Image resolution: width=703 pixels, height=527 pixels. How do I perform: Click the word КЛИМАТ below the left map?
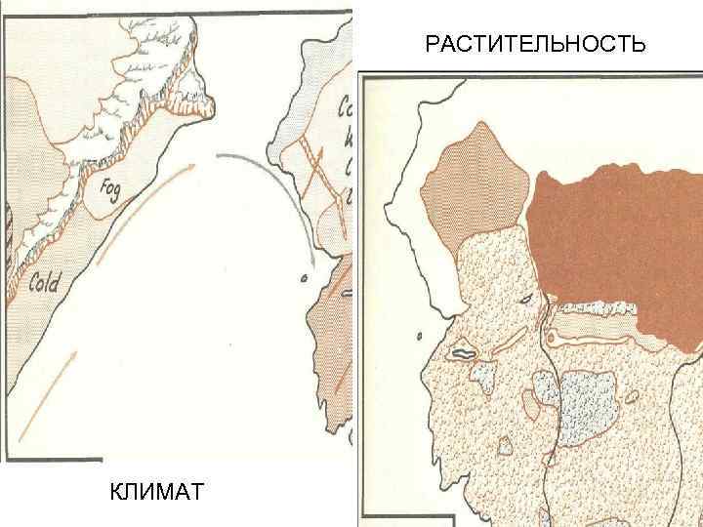[157, 489]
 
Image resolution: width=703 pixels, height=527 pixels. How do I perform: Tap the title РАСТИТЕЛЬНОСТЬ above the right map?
[535, 45]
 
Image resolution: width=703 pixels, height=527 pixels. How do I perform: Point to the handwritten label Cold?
[44, 284]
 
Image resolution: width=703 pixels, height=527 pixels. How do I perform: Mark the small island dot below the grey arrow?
[304, 277]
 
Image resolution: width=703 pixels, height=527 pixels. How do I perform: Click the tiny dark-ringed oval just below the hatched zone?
[527, 298]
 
